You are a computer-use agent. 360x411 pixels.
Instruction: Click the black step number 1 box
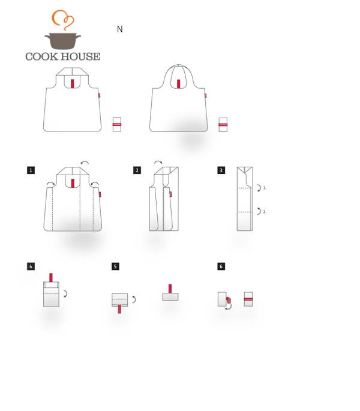point(31,170)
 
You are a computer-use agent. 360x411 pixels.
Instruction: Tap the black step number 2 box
point(137,170)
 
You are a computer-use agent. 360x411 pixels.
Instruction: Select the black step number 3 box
point(221,170)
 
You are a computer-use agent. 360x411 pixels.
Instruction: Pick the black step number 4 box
point(31,266)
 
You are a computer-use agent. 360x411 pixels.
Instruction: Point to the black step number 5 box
point(115,266)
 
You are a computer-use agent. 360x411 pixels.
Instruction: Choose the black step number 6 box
point(221,266)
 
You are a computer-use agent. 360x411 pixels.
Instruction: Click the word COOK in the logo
point(41,56)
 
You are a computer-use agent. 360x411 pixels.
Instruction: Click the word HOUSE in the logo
point(81,56)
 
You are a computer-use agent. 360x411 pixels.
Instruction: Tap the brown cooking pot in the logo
point(62,41)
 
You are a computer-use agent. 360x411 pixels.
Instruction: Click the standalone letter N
point(120,29)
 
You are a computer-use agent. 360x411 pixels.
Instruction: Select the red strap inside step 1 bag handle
point(73,184)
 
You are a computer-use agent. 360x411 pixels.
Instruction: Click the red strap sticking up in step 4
point(51,278)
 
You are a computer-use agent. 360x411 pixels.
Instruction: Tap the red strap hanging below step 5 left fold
point(119,309)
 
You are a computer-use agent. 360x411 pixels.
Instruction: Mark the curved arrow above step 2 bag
point(158,162)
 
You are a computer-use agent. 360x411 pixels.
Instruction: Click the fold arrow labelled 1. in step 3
point(259,188)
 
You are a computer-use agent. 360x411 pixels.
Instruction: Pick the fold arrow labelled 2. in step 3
point(259,211)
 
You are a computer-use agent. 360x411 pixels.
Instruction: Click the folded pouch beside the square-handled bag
point(117,125)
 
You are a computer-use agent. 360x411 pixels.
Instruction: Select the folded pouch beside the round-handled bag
point(223,125)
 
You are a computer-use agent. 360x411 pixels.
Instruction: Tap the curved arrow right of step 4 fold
point(66,293)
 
